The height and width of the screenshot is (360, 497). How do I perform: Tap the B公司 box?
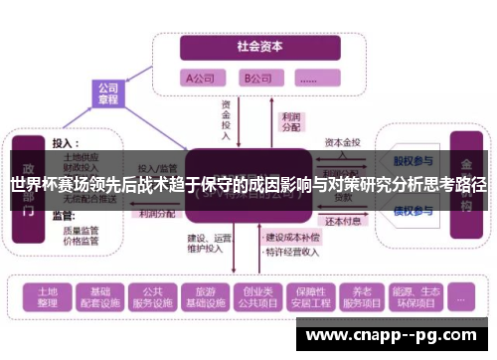tap(260, 77)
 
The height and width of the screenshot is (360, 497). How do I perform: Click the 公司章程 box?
tap(108, 93)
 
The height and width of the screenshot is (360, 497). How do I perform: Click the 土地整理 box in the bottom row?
tap(43, 295)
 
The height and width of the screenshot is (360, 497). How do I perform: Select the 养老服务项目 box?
tap(356, 295)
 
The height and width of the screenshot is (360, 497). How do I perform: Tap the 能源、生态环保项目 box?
tap(408, 295)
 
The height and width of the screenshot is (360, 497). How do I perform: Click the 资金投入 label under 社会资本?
tap(227, 117)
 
